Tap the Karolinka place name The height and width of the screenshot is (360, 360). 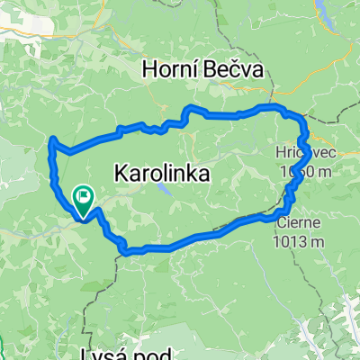[162, 173]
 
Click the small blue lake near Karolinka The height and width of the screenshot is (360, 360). [163, 191]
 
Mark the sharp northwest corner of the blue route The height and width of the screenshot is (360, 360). [53, 139]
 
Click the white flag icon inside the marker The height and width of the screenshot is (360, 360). [84, 193]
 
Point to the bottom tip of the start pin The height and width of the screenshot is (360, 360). [83, 218]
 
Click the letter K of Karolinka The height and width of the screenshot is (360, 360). [120, 173]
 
